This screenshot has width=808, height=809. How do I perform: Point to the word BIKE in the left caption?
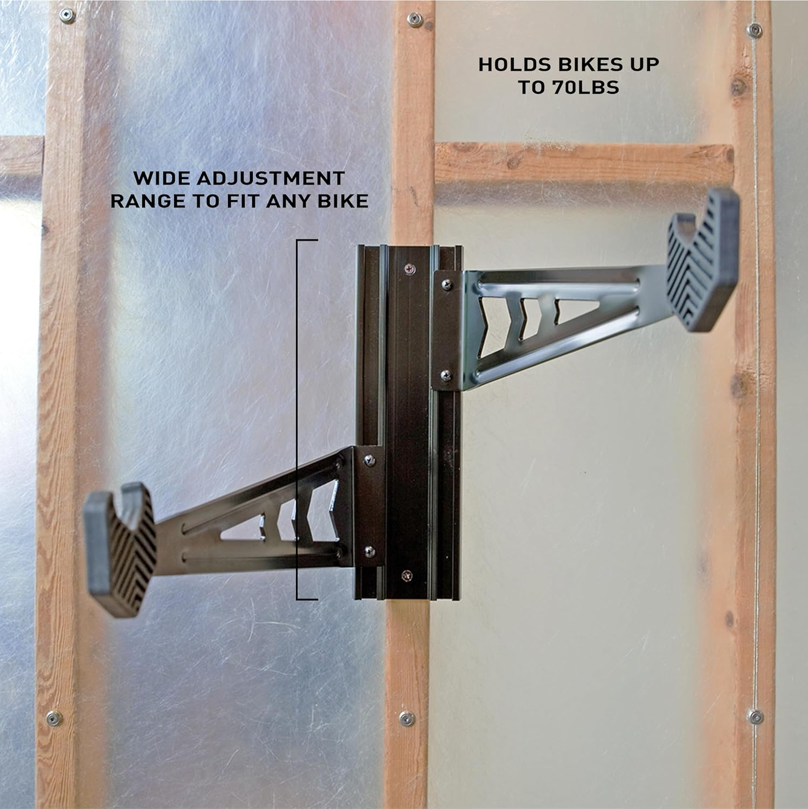coord(344,201)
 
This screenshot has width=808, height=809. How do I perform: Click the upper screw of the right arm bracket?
coord(446,283)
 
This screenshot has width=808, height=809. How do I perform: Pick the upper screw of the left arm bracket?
coord(369,460)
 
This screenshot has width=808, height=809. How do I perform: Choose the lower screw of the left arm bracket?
coord(369,551)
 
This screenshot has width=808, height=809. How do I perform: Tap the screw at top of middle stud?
coord(414,20)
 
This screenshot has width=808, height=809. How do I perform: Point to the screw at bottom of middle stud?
coord(406,718)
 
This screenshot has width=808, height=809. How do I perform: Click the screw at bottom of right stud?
coord(756,717)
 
